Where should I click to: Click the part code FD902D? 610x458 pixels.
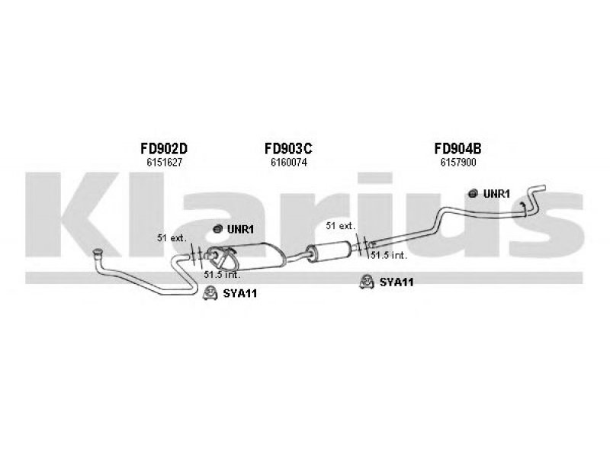(x=164, y=148)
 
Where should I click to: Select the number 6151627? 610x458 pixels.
(x=164, y=163)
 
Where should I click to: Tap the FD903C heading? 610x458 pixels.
(x=288, y=148)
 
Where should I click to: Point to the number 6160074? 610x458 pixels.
(x=289, y=163)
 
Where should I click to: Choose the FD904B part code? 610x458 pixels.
(x=458, y=148)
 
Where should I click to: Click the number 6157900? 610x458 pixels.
(x=458, y=163)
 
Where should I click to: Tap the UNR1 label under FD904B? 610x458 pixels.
(x=496, y=194)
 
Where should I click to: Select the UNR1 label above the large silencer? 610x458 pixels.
(x=240, y=230)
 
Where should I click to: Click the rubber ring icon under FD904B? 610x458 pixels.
(x=473, y=193)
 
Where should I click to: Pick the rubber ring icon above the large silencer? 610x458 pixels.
(x=217, y=229)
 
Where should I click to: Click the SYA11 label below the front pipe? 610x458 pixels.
(x=240, y=293)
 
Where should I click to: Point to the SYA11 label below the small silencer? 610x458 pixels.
(x=396, y=282)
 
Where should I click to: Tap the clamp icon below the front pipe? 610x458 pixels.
(x=210, y=293)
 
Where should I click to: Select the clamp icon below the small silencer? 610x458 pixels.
(x=367, y=282)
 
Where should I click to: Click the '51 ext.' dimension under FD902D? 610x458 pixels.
(x=172, y=237)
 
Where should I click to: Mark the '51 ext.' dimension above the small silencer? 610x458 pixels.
(x=340, y=225)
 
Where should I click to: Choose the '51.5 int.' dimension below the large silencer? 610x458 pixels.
(x=222, y=275)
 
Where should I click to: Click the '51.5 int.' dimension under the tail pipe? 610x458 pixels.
(x=389, y=256)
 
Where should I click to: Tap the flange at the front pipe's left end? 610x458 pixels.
(x=98, y=253)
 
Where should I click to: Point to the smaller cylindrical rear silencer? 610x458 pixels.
(x=329, y=251)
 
